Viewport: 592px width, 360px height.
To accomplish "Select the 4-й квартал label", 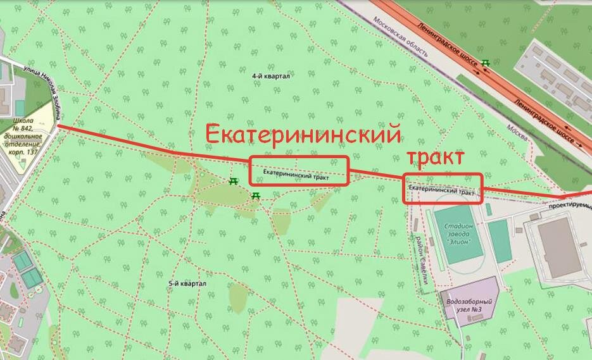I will [x=270, y=76].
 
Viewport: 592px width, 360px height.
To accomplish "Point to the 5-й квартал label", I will [x=188, y=284].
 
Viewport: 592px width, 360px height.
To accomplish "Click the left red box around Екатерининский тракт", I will [x=299, y=171].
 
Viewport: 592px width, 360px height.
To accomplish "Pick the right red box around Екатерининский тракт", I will [x=443, y=189].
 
